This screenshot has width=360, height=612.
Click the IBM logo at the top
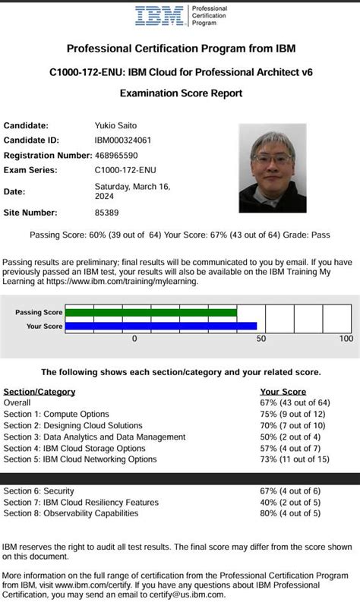(160, 16)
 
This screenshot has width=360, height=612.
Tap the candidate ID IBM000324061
(122, 140)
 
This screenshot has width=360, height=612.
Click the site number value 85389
(106, 213)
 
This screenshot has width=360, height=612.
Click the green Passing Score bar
(151, 312)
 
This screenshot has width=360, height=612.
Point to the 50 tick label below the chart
(261, 339)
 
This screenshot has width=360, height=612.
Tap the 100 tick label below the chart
(346, 339)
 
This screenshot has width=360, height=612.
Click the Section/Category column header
(39, 392)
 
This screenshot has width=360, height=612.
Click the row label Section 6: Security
(49, 491)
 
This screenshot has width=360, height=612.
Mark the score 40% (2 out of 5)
(289, 503)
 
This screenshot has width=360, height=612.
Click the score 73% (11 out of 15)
(295, 459)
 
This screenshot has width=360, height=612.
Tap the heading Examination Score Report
(181, 93)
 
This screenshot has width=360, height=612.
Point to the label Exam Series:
(30, 170)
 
